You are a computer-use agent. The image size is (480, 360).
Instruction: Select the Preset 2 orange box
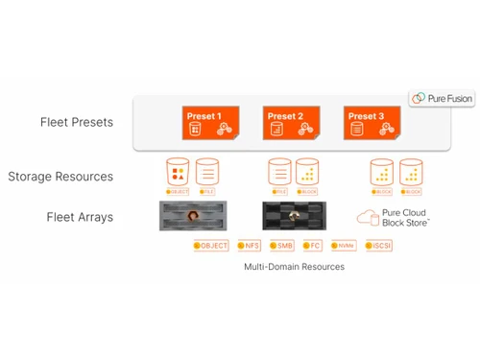[290, 123]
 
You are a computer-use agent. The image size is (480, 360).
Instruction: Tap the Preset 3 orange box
[371, 123]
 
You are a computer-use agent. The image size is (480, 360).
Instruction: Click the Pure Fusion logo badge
[441, 98]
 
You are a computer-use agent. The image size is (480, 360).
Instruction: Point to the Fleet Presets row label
[76, 123]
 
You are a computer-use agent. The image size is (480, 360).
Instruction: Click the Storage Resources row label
[60, 177]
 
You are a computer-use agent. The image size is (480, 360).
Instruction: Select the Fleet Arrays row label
[80, 217]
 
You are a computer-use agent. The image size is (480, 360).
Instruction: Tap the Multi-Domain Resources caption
[294, 267]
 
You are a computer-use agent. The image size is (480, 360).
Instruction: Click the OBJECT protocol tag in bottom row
[211, 246]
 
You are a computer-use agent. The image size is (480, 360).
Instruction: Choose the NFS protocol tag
[248, 246]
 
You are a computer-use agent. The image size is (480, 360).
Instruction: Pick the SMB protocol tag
[281, 246]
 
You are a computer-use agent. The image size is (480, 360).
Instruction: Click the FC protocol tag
[313, 246]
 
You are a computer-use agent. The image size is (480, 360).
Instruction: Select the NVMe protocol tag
[344, 246]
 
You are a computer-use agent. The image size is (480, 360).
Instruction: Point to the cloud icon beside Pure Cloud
[367, 218]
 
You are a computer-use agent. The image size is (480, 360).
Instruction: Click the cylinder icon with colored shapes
[178, 172]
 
